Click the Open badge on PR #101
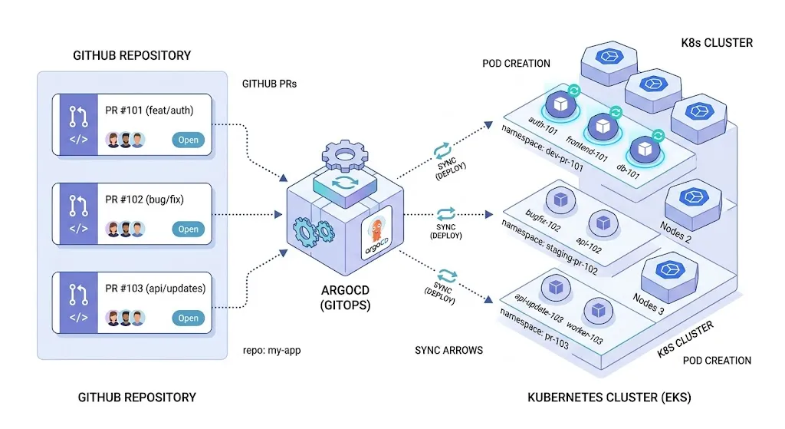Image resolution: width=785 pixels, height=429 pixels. pos(188,140)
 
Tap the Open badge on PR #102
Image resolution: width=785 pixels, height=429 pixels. pos(188,229)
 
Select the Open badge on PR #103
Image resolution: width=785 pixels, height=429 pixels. pos(188,318)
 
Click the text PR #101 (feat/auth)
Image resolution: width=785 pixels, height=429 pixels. pos(149,111)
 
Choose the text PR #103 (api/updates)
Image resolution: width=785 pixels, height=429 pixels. pos(155,289)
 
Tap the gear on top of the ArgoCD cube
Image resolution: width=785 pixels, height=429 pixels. pos(346,157)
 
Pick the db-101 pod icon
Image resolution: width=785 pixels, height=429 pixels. pos(642,149)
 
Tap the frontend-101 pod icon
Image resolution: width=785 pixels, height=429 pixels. pos(603,126)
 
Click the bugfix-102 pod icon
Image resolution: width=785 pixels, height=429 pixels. pos(558,200)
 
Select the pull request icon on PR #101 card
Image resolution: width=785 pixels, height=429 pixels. pos(79,116)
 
